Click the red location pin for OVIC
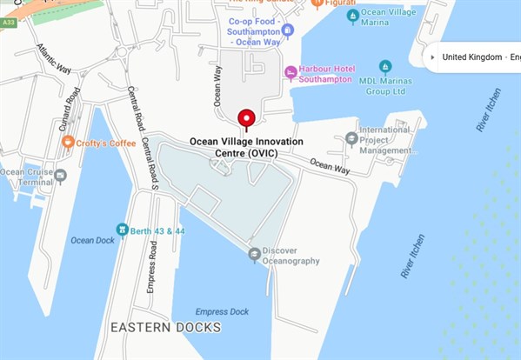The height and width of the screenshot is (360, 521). [246, 118]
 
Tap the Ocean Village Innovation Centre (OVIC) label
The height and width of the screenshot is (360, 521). [246, 147]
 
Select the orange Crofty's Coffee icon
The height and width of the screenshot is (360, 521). [68, 143]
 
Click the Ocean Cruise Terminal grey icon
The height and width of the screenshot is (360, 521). [60, 177]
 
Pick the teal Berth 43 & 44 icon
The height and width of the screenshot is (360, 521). [123, 230]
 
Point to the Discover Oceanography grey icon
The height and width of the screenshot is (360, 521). [254, 254]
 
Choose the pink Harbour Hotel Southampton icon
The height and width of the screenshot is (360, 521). [291, 73]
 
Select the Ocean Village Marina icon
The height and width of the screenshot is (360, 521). [352, 16]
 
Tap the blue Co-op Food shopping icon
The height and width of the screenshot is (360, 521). [288, 30]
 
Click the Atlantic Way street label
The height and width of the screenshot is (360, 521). [54, 62]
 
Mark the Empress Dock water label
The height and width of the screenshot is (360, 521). [222, 311]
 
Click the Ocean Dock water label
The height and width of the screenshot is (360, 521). [92, 241]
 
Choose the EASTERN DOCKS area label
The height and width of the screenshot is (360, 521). [165, 328]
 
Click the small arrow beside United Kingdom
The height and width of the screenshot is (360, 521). [432, 57]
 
